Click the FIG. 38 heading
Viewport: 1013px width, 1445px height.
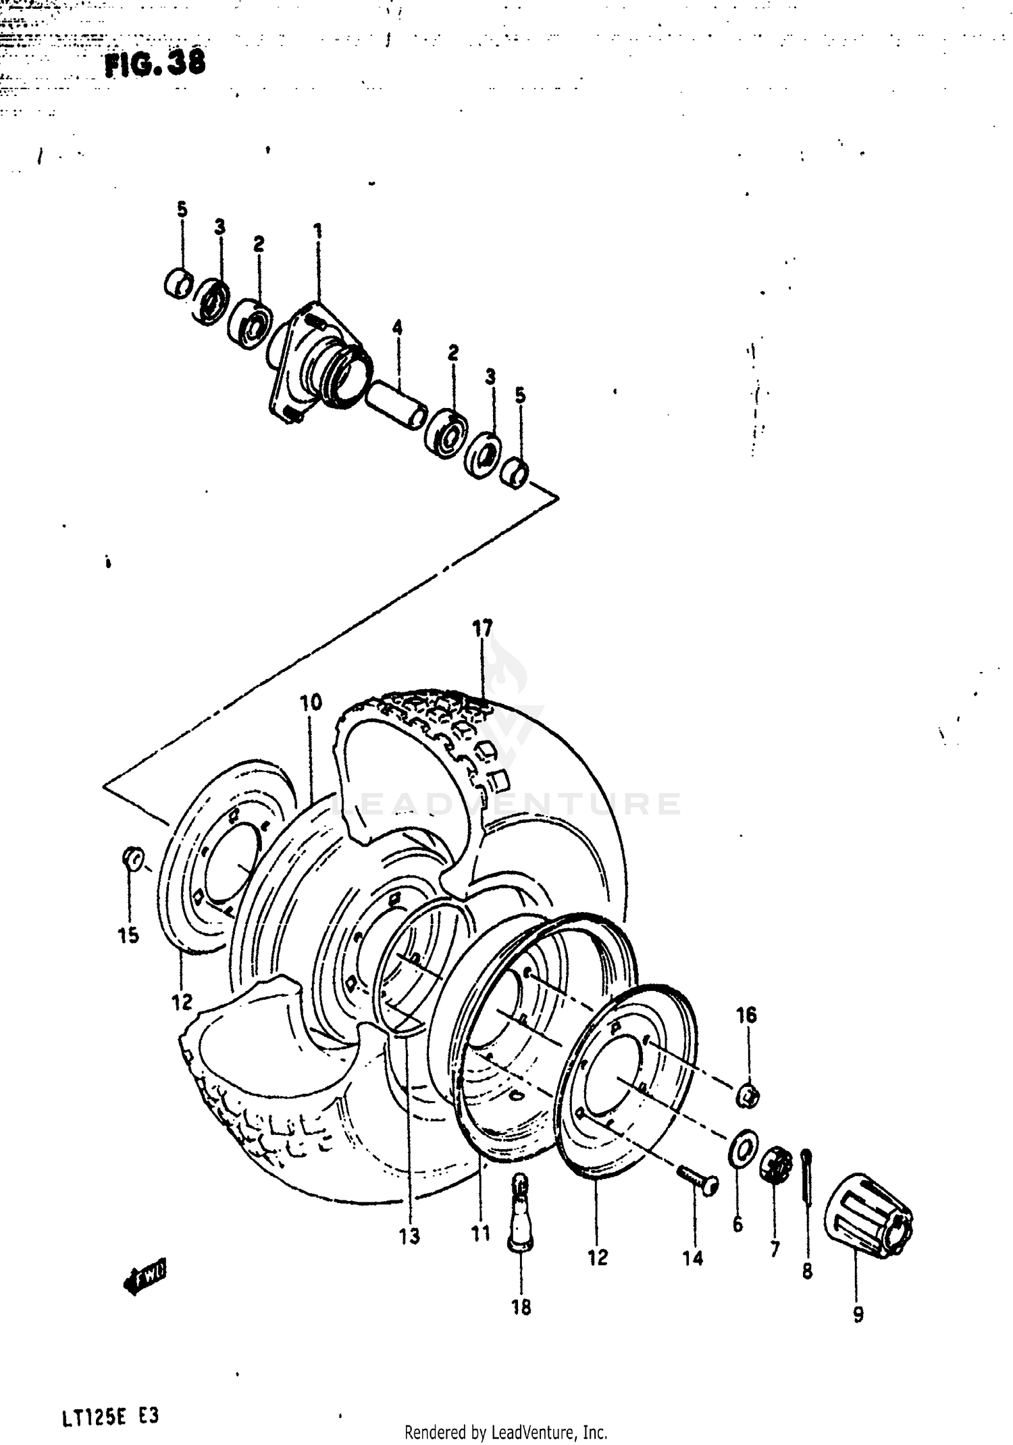pyautogui.click(x=154, y=64)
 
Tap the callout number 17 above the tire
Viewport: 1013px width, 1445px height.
pyautogui.click(x=483, y=628)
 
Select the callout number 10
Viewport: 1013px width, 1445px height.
pyautogui.click(x=311, y=703)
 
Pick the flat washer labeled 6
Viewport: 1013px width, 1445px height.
pyautogui.click(x=744, y=1146)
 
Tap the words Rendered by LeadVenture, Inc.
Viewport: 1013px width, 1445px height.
pyautogui.click(x=506, y=1430)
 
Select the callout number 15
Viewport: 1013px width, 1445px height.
pyautogui.click(x=128, y=936)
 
